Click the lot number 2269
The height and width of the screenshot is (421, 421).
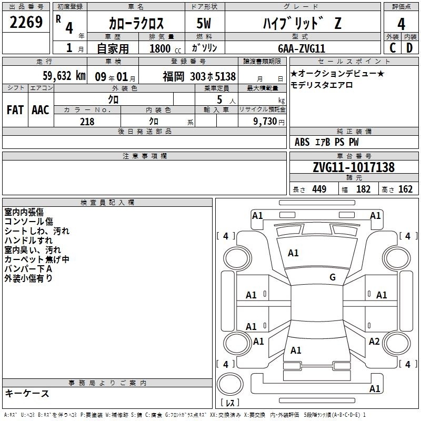pos(26,22)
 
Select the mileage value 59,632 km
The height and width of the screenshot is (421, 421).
pos(64,76)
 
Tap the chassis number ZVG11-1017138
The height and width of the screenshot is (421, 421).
pos(354,167)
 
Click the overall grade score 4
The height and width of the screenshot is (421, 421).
pos(401,24)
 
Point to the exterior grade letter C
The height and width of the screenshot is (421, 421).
pos(393,48)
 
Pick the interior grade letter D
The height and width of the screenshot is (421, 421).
pos(409,48)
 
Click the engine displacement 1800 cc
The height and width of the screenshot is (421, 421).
pos(165,48)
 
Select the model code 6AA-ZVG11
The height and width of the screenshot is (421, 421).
pos(302,48)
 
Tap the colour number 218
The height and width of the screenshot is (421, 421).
pos(87,122)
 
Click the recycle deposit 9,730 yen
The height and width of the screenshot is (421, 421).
pos(269,122)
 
